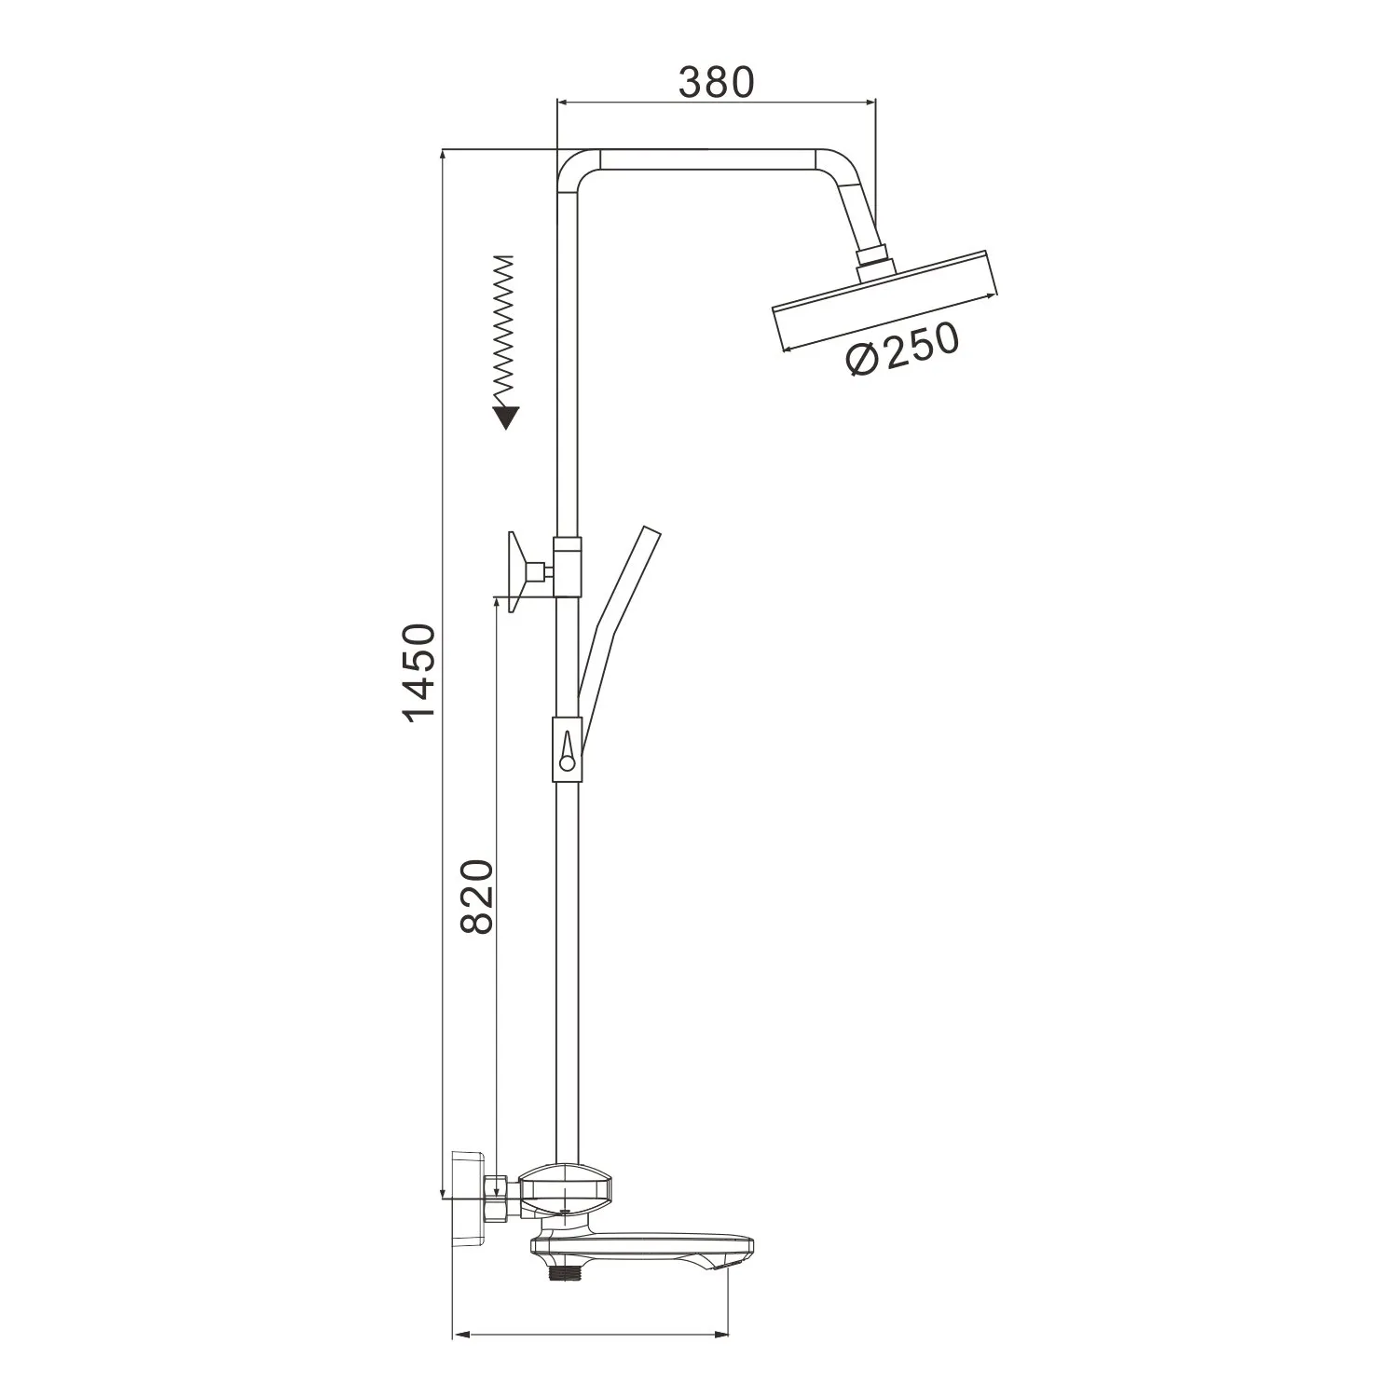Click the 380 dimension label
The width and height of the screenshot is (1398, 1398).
(715, 83)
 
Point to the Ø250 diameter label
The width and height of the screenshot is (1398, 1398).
(901, 349)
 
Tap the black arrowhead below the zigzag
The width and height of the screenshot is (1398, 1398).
(506, 417)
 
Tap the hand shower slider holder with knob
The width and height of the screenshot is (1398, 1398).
(567, 745)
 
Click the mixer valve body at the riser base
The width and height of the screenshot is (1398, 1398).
(567, 1188)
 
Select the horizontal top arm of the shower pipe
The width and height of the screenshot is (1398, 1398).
(708, 159)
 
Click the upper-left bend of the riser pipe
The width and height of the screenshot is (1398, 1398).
(570, 168)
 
